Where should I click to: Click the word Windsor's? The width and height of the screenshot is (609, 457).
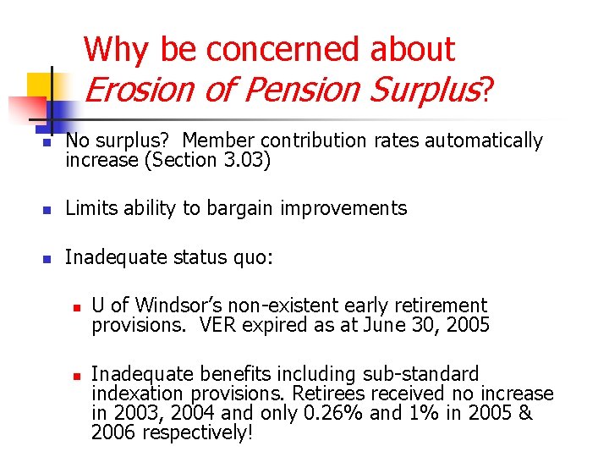coord(175,305)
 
